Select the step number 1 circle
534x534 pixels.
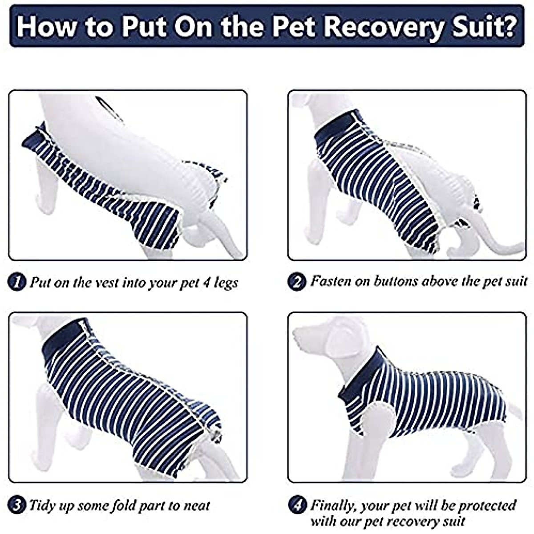tap(17, 282)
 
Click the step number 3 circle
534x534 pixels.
tap(17, 506)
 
